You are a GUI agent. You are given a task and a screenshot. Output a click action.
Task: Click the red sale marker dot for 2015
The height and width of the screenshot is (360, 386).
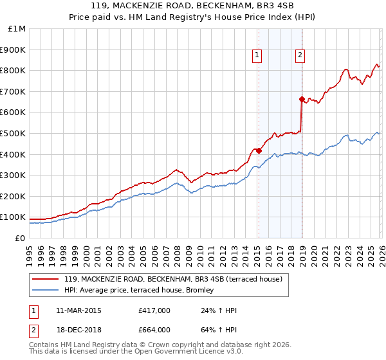[x=259, y=150]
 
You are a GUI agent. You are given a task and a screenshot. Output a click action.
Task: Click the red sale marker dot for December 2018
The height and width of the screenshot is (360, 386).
[x=302, y=99]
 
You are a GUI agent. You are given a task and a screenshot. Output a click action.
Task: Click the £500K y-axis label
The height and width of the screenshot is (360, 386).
[x=14, y=134]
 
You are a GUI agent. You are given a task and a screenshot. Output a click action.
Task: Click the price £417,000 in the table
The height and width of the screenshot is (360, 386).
[x=154, y=311]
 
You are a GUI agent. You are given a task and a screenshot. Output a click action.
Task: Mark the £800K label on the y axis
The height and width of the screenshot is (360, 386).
[x=14, y=71]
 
